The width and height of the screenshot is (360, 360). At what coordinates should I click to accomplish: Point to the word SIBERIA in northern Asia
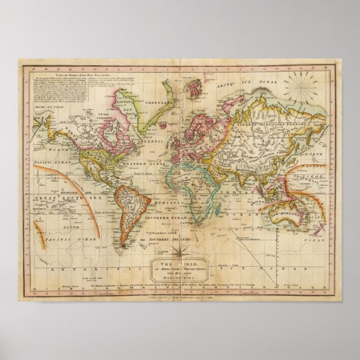tap(263, 107)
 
